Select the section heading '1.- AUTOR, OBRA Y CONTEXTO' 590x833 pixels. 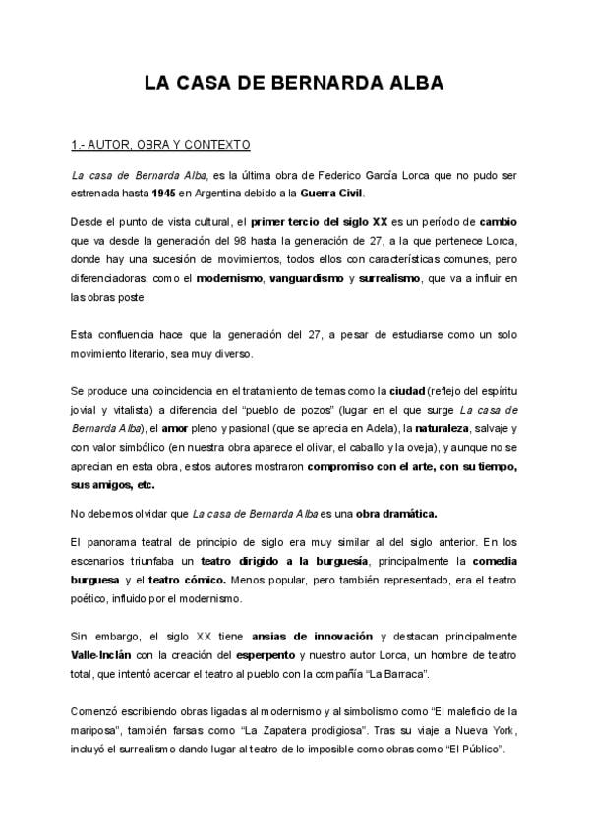(x=160, y=145)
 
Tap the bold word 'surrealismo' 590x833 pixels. (x=386, y=278)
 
